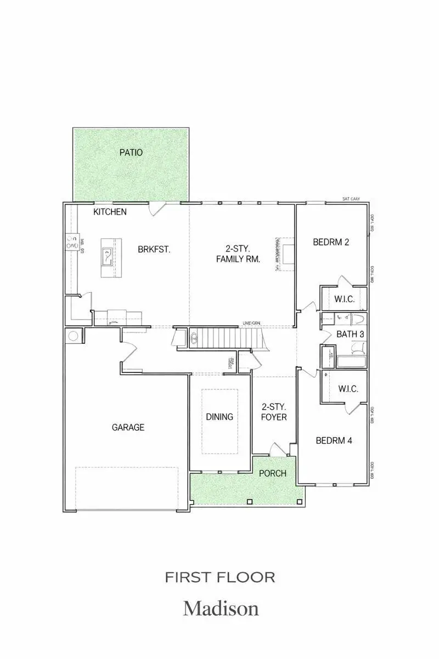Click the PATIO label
pos(131,152)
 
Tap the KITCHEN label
pos(110,212)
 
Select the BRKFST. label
pos(154,249)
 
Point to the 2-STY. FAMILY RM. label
pos(238,253)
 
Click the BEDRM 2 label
pos(331,242)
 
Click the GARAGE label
pos(128,427)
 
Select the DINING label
pos(219,417)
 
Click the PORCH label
pos(273,473)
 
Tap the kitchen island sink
pos(107,256)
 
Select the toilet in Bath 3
pos(358,347)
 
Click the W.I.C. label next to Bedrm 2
pos(344,299)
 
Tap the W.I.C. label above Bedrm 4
pos(348,389)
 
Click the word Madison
pos(221,608)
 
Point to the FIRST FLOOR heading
pos(220,577)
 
